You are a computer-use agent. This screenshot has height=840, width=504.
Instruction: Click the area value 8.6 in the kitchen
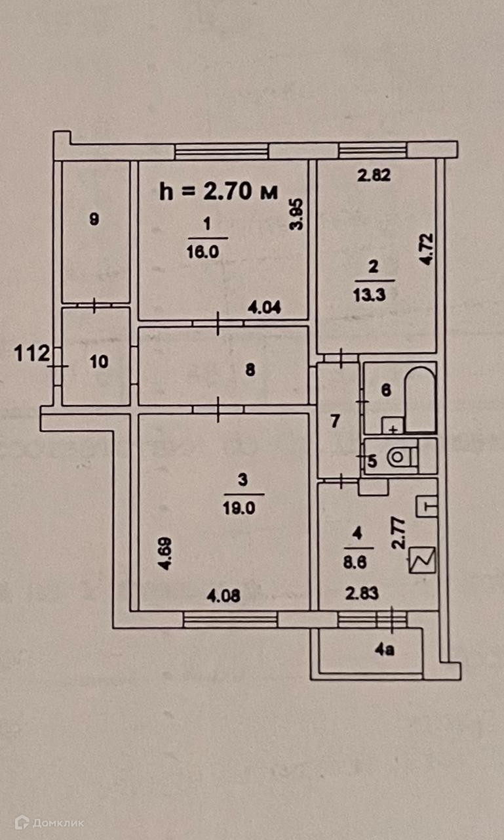(x=357, y=562)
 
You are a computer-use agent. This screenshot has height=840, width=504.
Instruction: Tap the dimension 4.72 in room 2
(x=427, y=249)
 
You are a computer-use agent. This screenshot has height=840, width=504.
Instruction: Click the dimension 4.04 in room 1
(x=265, y=306)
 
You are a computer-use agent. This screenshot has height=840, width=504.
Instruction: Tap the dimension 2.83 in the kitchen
(x=362, y=595)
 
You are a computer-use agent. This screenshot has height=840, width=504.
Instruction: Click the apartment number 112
(x=31, y=354)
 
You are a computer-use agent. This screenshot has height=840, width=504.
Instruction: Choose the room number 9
(x=94, y=220)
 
